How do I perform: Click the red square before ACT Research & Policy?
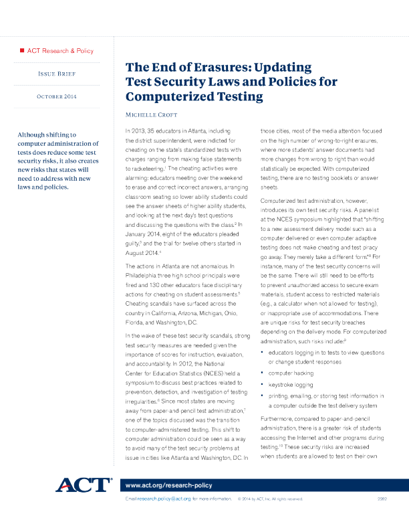pyautogui.click(x=22, y=50)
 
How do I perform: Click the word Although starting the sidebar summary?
pyautogui.click(x=36, y=135)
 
